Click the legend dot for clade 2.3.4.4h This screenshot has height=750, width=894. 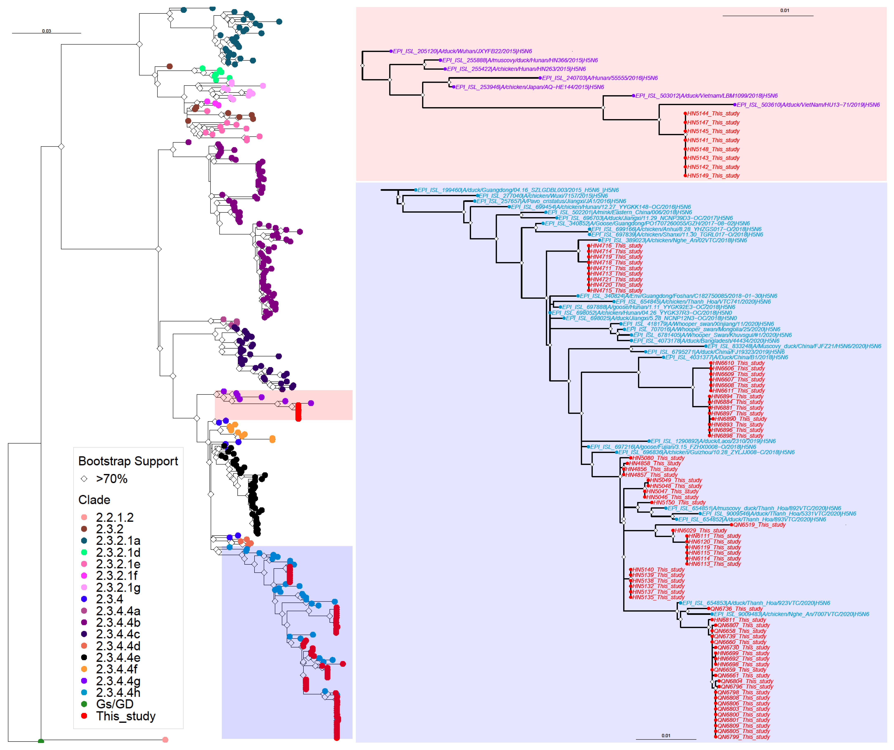pyautogui.click(x=84, y=693)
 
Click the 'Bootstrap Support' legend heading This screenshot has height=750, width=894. pyautogui.click(x=128, y=461)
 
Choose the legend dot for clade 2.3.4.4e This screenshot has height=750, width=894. pyautogui.click(x=84, y=658)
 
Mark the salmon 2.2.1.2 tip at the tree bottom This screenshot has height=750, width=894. pyautogui.click(x=165, y=740)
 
